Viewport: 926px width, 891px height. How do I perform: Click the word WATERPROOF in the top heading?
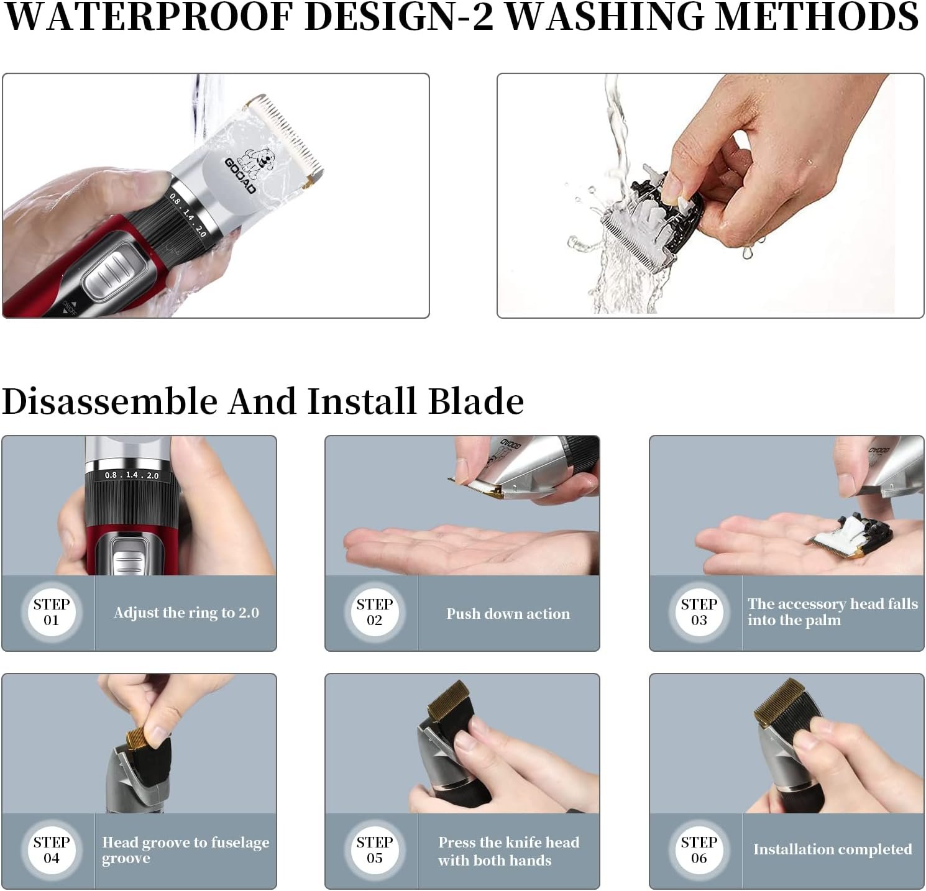[149, 17]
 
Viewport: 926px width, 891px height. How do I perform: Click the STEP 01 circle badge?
[52, 612]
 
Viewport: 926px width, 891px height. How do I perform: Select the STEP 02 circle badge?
[375, 612]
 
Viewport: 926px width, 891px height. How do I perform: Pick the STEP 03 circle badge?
[699, 612]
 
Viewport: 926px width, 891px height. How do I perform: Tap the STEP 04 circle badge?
[52, 850]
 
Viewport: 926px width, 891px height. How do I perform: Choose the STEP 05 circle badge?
[375, 850]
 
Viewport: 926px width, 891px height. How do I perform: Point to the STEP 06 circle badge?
[699, 850]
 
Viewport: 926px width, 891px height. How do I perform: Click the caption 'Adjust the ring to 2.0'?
[186, 613]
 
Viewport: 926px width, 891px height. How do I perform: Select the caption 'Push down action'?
[508, 613]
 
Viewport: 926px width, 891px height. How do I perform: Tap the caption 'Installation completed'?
[833, 849]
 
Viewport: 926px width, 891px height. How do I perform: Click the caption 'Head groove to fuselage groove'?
[186, 850]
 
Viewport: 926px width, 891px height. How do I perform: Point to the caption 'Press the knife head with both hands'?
[508, 851]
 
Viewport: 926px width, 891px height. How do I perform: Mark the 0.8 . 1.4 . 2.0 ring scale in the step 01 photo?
[132, 475]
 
